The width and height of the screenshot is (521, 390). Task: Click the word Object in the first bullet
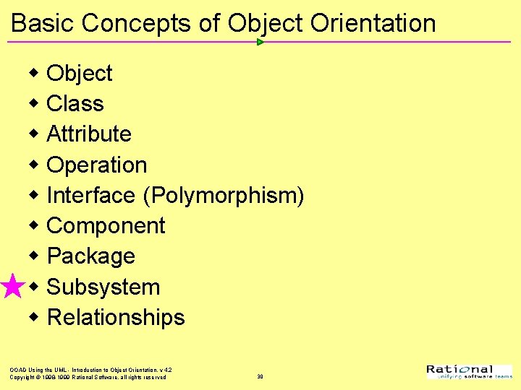coord(79,74)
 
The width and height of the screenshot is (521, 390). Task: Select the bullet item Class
coord(75,104)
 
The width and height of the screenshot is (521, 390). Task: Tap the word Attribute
coord(88,134)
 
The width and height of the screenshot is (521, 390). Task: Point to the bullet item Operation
coord(96,165)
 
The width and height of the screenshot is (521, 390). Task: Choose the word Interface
coord(90,196)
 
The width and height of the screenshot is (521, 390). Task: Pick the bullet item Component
coord(106,226)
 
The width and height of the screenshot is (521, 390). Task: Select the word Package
coord(90,256)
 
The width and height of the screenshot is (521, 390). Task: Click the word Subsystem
coord(103,287)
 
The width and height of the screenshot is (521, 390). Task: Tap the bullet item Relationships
coord(116,318)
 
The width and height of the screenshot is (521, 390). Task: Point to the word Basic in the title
coord(43,23)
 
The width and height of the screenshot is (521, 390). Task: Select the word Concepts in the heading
coord(138,23)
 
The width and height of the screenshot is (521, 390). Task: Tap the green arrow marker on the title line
coord(260,42)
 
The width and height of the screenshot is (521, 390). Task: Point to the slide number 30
coord(260,376)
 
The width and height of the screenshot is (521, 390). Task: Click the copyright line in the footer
coord(88,377)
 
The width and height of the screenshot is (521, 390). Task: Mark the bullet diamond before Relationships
coord(34,317)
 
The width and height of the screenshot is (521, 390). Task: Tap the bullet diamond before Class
coord(34,103)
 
